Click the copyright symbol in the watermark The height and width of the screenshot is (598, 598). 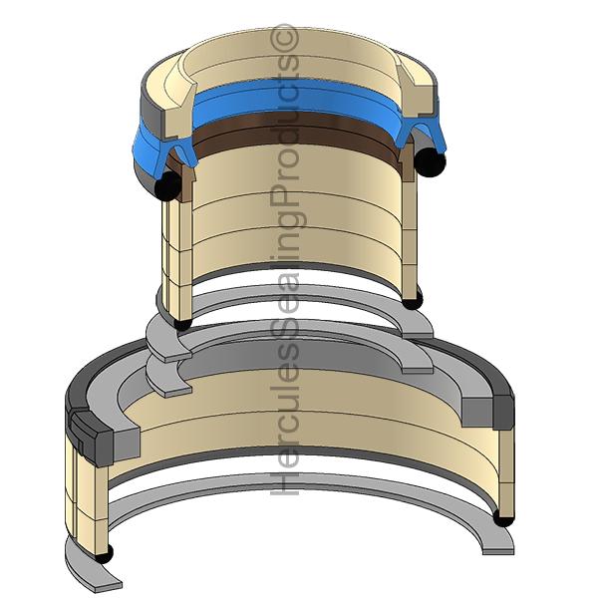tap(284, 37)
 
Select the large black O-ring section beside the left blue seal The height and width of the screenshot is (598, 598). tap(167, 185)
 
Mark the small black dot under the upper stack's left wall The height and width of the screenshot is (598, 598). tap(182, 323)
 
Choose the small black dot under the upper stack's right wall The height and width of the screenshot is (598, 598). tap(412, 302)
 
